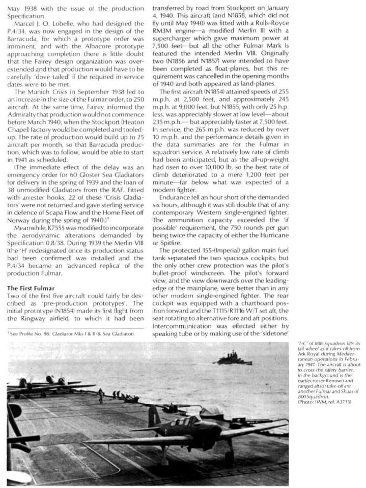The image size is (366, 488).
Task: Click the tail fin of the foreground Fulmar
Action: [153, 416]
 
